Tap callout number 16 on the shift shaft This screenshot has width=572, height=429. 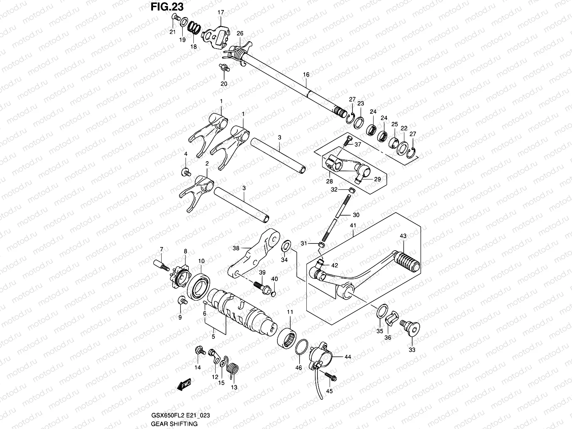tap(306, 74)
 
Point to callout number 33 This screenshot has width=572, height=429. tap(412, 350)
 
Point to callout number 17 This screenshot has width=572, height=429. tap(221, 13)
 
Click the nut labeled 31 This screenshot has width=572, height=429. tap(321, 245)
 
